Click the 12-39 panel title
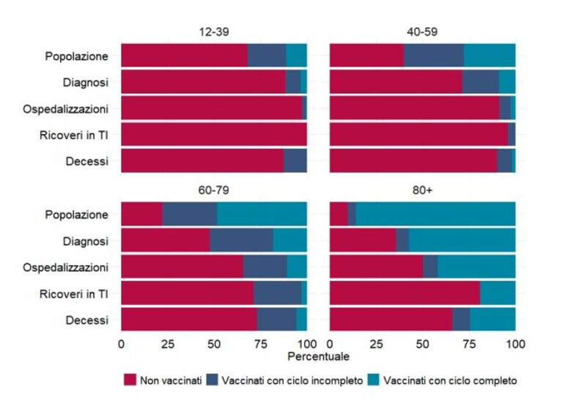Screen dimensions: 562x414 point(214,32)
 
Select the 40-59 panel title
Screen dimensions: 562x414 point(422,32)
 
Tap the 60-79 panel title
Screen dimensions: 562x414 point(214,190)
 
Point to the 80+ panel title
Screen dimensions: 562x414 point(422,190)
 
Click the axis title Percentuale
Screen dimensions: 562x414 point(318,356)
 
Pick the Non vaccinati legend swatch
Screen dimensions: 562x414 point(130,380)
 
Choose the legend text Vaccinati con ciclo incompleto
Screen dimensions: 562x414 point(292,380)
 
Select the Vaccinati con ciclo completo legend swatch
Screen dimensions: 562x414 point(373,380)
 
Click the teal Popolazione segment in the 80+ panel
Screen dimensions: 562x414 point(435,214)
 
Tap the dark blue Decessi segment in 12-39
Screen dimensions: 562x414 point(295,161)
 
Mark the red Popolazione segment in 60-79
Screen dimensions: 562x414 point(142,214)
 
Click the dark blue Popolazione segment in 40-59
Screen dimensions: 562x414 point(434,56)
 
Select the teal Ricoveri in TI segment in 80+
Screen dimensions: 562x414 point(498,293)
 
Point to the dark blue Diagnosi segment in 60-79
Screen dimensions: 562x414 point(242,240)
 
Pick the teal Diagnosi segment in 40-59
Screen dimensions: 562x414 point(507,82)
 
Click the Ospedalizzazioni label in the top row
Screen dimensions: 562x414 point(66,109)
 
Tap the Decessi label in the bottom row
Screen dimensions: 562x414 point(86,320)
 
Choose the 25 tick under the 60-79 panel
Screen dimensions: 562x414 point(168,344)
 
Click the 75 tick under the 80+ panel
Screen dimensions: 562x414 point(469,344)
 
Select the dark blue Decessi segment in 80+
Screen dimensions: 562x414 point(461,319)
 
